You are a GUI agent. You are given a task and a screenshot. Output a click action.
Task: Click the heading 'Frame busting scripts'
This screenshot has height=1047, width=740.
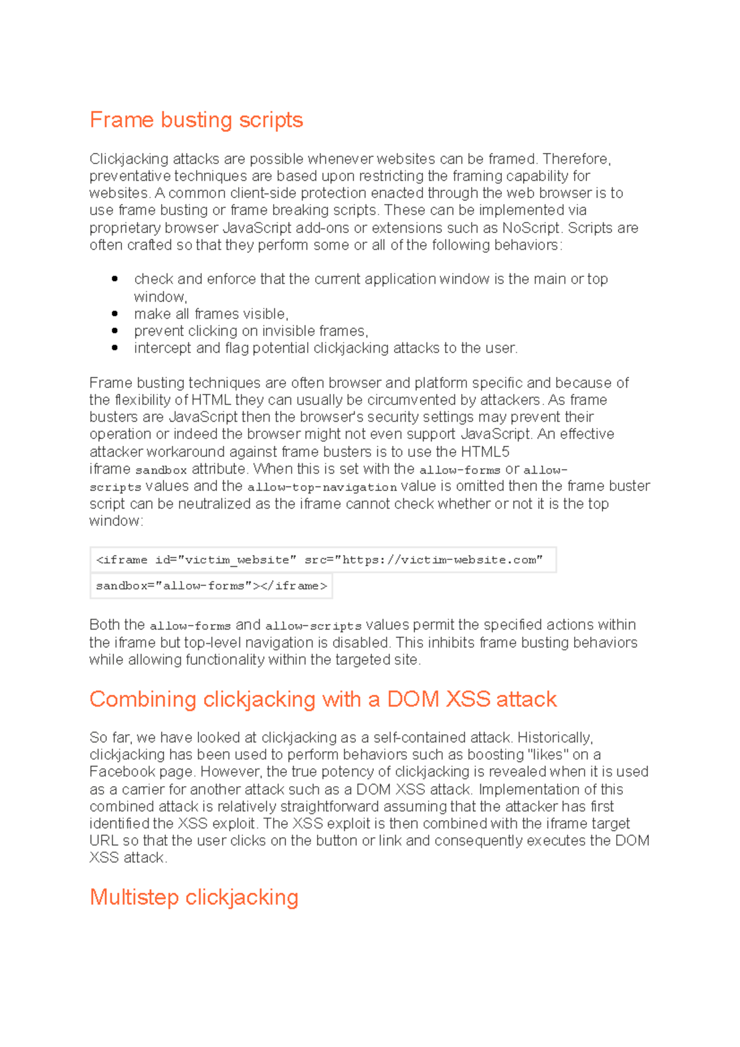click(x=196, y=120)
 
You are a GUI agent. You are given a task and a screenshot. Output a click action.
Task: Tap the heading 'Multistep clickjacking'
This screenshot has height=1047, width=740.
click(x=194, y=897)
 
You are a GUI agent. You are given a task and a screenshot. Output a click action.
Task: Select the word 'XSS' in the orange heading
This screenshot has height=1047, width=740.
click(x=468, y=699)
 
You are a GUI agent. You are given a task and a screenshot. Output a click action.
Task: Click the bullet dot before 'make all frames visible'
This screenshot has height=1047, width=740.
click(x=115, y=313)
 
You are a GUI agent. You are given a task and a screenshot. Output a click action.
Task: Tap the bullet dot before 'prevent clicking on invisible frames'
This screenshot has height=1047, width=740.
click(x=115, y=331)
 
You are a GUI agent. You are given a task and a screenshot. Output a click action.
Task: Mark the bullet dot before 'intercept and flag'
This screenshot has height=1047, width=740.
click(x=115, y=348)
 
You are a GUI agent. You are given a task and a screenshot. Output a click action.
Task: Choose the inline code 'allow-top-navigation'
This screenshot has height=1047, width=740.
click(x=322, y=487)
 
